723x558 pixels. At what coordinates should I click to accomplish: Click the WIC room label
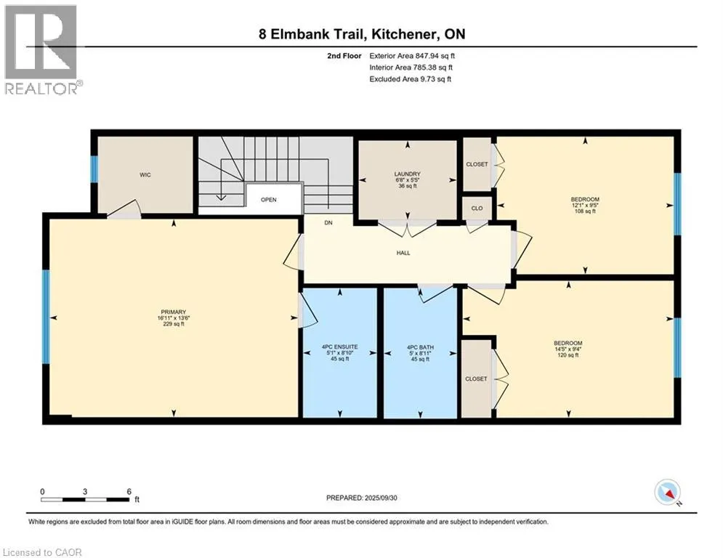click(x=145, y=175)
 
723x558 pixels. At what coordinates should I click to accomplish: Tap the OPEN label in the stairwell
click(x=268, y=200)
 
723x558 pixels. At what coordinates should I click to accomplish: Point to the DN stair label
click(x=328, y=223)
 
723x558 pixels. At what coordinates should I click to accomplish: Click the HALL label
click(x=403, y=253)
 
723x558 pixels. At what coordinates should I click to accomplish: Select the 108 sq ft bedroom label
click(x=585, y=205)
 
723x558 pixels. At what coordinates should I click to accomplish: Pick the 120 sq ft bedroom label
click(x=568, y=349)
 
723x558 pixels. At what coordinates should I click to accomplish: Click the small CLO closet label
click(x=477, y=208)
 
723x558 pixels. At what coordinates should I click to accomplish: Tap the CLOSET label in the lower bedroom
click(x=476, y=379)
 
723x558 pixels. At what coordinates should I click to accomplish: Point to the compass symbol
click(x=668, y=492)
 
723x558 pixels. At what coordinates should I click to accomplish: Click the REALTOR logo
click(x=43, y=50)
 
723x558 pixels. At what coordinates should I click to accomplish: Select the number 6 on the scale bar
click(x=129, y=492)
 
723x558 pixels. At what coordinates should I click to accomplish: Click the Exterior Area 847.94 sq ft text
click(x=412, y=56)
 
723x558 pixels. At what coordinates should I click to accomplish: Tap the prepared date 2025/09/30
click(x=381, y=498)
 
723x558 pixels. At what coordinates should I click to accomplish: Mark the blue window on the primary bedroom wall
click(x=46, y=317)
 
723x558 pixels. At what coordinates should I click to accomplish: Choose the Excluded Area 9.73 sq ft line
click(x=411, y=79)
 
